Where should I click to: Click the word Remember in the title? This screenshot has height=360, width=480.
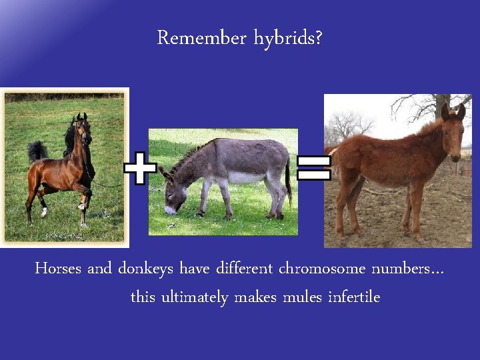[x=201, y=39]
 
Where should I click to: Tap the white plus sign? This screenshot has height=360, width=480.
[x=140, y=168]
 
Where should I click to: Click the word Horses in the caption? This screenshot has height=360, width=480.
[x=59, y=269]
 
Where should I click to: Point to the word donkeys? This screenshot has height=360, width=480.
[x=146, y=269]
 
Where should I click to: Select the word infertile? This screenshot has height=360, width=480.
[x=354, y=297]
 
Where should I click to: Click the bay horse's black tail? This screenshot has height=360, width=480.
[x=37, y=151]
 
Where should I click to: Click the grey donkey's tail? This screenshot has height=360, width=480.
[x=289, y=183]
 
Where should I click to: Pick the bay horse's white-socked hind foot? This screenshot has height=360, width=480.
[x=44, y=212]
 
